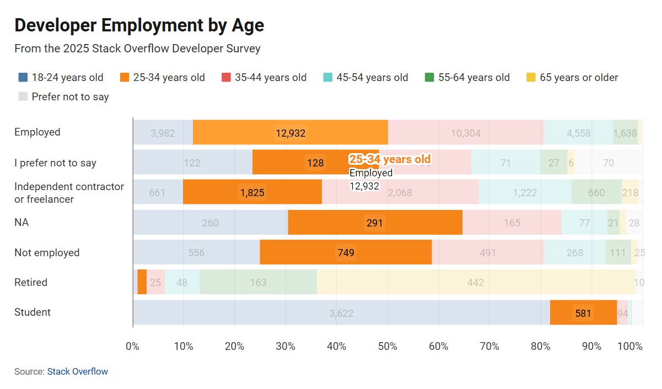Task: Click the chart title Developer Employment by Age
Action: pos(139,25)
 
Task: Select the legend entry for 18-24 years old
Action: pos(61,78)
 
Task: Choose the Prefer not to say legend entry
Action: pos(63,97)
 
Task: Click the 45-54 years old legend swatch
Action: pos(327,78)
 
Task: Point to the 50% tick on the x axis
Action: pos(387,346)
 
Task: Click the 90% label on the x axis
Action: pos(591,346)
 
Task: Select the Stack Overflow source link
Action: pos(77,371)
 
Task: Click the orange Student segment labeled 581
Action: pos(583,313)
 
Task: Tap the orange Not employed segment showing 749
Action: pos(346,252)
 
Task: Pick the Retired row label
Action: pos(31,283)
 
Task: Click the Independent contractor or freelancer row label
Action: pos(69,193)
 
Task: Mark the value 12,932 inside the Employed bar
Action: pos(290,133)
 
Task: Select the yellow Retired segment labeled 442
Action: pos(475,283)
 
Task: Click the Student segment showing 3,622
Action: pos(341,313)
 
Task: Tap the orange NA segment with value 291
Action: pos(375,223)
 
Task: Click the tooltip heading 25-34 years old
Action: pos(390,159)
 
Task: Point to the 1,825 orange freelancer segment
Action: pos(252,193)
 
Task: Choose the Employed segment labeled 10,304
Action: pos(466,133)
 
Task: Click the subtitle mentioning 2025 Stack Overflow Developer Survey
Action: pos(137,48)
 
